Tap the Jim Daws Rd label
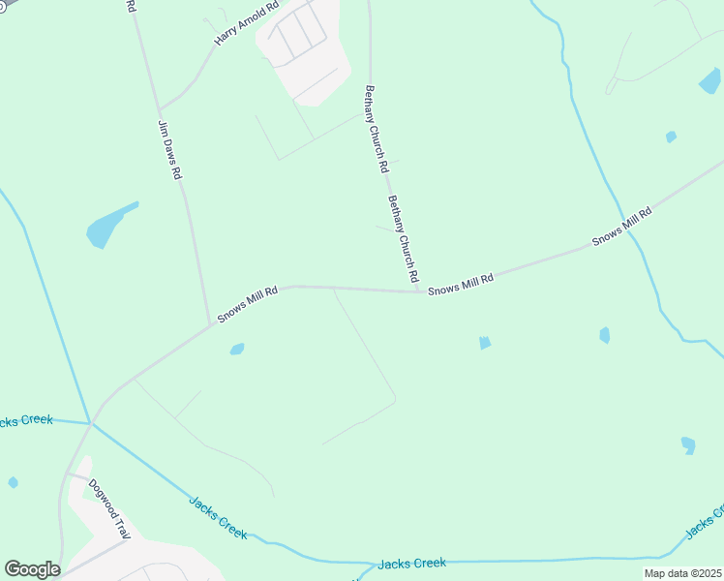pyautogui.click(x=170, y=150)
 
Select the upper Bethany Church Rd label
pyautogui.click(x=376, y=130)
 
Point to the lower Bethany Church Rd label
pyautogui.click(x=404, y=238)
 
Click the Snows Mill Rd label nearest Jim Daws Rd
pyautogui.click(x=248, y=304)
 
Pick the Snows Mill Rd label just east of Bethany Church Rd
pyautogui.click(x=461, y=284)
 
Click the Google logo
pyautogui.click(x=32, y=569)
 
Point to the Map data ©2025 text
pyautogui.click(x=681, y=573)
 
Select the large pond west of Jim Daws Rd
pyautogui.click(x=109, y=226)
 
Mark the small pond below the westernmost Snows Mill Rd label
pyautogui.click(x=237, y=349)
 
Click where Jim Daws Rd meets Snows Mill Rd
pyautogui.click(x=210, y=324)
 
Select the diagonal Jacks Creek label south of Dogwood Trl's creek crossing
pyautogui.click(x=218, y=518)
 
